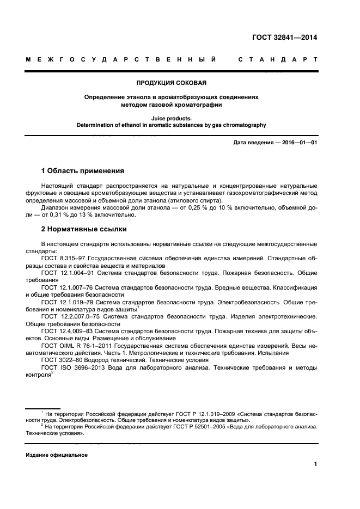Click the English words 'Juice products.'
[x=171, y=117]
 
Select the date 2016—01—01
[x=300, y=143]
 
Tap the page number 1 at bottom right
[x=315, y=464]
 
